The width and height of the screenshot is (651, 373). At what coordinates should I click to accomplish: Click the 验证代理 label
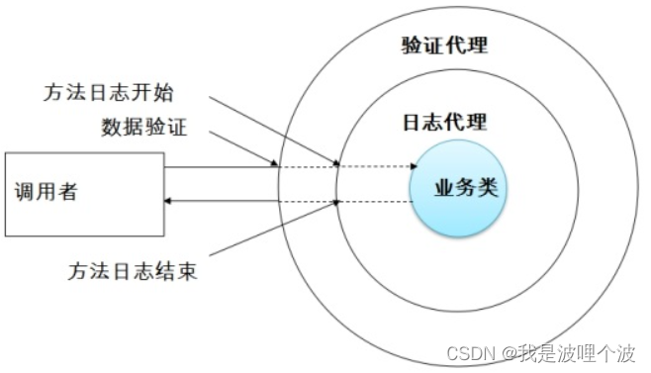(444, 46)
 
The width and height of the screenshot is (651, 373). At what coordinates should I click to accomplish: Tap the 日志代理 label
(444, 123)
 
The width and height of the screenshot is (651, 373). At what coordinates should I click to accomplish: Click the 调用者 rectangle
(83, 194)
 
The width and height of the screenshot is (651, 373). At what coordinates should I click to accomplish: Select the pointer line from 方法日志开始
(277, 129)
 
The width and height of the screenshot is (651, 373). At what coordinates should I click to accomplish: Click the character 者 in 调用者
(67, 193)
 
